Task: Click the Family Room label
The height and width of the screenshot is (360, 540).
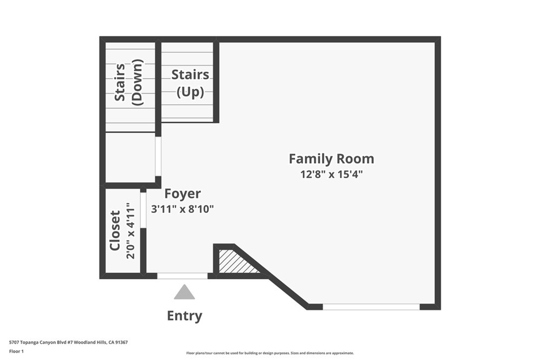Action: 331,159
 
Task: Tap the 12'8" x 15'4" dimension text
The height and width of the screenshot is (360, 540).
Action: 332,174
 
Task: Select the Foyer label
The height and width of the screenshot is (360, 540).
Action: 182,194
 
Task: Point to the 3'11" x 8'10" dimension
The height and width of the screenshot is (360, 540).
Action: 182,209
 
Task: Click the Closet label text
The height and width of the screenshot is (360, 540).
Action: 114,230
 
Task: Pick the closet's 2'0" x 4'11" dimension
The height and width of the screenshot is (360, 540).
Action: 130,230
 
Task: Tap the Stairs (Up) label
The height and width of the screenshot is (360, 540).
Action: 190,83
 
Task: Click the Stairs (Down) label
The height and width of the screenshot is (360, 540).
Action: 129,83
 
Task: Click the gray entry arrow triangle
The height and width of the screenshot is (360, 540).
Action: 184,292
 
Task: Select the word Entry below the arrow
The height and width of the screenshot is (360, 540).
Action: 185,316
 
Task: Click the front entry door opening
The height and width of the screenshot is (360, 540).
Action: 182,276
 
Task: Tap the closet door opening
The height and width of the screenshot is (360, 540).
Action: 143,210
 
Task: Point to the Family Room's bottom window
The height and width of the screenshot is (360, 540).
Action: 371,307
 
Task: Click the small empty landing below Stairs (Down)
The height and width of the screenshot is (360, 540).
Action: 130,157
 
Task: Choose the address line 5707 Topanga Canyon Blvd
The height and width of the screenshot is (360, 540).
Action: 69,343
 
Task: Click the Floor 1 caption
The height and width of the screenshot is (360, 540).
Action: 16,352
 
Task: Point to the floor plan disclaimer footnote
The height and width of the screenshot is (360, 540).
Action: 270,353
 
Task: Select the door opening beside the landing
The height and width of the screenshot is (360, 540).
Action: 158,157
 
